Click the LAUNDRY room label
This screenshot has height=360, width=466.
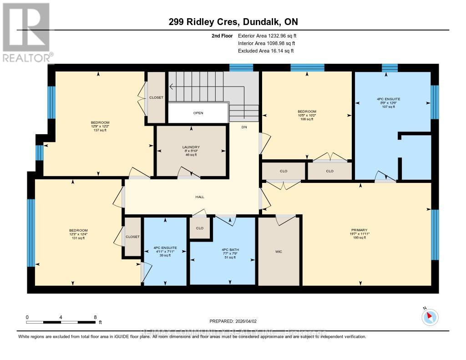pos(191,147)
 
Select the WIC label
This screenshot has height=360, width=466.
pos(279,251)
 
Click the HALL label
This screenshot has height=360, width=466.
pos(199,197)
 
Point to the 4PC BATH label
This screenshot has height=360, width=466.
pos(230,250)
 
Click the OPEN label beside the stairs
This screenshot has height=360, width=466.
pos(198,113)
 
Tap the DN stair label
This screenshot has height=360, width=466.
pos(244,127)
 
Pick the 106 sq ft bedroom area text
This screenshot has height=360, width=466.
pos(306,119)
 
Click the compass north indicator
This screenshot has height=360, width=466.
pos(430,317)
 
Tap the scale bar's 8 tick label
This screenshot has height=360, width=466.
pos(95,317)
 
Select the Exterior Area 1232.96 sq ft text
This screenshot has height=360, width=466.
pos(267,35)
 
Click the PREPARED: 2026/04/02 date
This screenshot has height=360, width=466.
pos(233,321)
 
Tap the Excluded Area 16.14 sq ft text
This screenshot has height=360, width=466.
pos(266,51)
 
